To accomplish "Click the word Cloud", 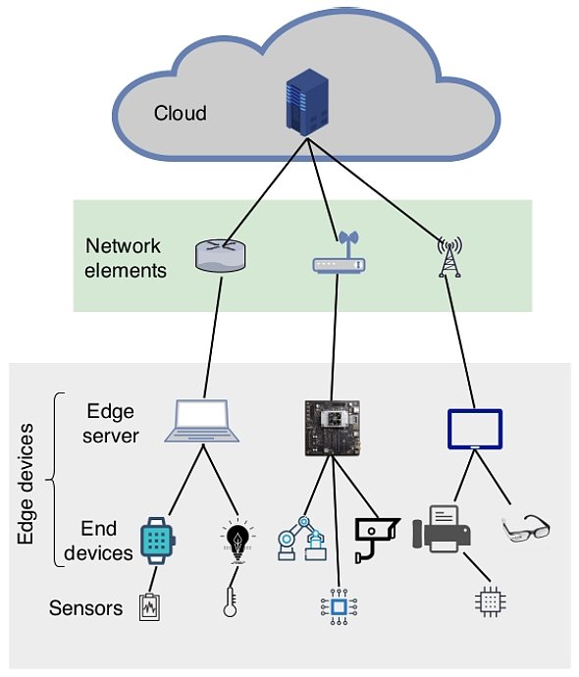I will click(x=181, y=113).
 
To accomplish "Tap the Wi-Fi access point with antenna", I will click(x=338, y=255).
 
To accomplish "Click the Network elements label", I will click(x=126, y=257).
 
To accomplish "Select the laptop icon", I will click(x=202, y=421).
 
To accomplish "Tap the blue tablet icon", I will click(x=475, y=430).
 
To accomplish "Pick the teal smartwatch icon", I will click(x=157, y=539).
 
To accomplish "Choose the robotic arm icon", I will click(x=301, y=539).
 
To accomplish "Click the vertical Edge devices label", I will click(x=27, y=486).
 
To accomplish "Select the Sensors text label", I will click(x=86, y=608).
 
